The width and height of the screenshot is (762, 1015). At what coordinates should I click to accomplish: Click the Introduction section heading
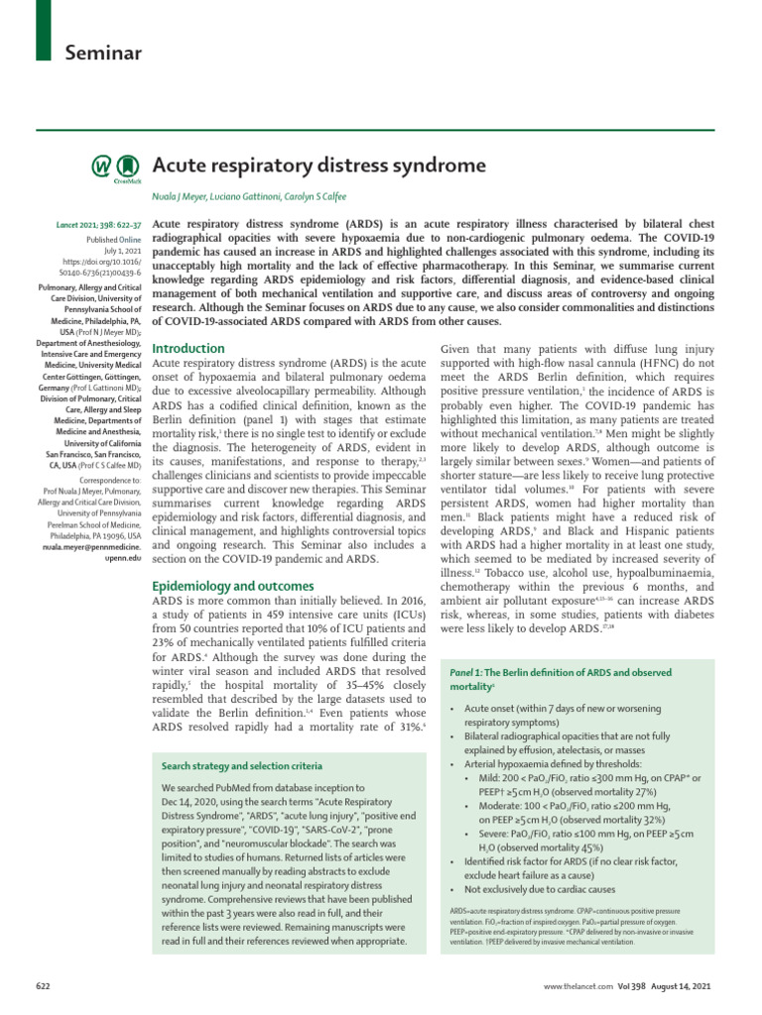click(x=188, y=349)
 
